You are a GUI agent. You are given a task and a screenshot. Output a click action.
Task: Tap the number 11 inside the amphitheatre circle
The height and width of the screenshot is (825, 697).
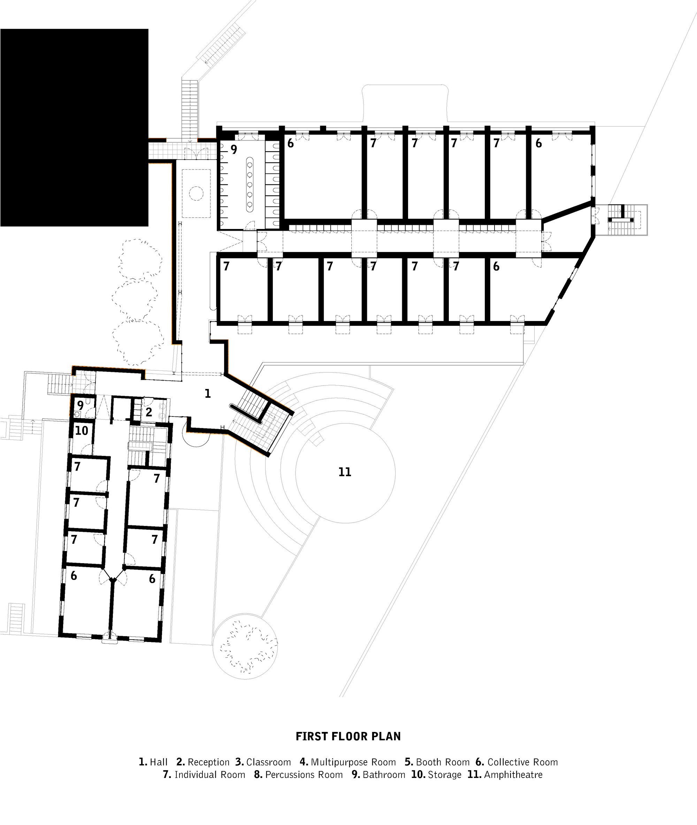point(345,472)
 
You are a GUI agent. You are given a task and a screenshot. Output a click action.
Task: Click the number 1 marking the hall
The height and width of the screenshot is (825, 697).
point(207,393)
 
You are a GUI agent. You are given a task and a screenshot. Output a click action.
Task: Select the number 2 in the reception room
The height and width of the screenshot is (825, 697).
point(149,412)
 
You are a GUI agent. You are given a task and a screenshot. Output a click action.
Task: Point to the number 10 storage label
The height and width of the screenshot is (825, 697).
point(82,431)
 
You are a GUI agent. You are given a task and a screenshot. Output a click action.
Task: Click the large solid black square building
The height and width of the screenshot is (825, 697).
point(74,127)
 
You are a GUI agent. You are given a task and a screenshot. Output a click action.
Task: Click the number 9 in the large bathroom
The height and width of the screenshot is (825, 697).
point(234,150)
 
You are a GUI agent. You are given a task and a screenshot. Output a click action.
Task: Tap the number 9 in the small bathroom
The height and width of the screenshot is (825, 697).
point(80,405)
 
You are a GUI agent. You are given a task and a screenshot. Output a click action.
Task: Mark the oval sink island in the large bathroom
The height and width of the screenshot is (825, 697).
point(250,183)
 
